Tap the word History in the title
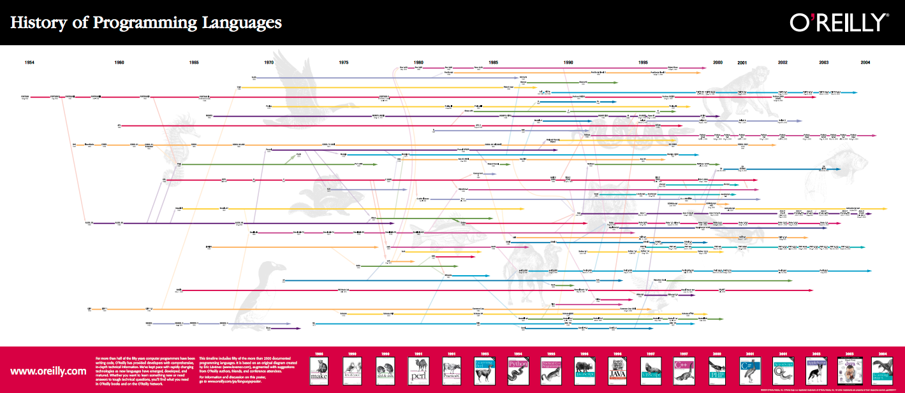coord(40,23)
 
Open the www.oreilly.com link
coord(48,371)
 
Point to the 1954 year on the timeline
coord(30,62)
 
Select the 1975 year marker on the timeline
coord(344,62)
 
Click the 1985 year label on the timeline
coord(493,62)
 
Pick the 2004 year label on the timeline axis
coord(865,62)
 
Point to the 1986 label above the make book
coord(318,353)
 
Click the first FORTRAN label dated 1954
coord(25,97)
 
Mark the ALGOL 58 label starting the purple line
coord(89,223)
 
